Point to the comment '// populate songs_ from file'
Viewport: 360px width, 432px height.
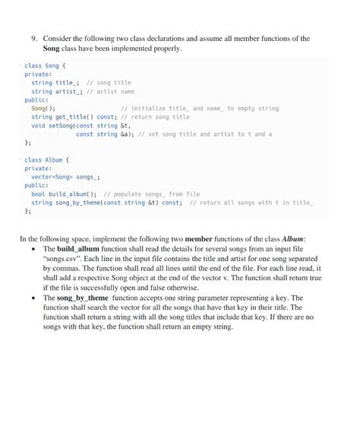tap(151, 194)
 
